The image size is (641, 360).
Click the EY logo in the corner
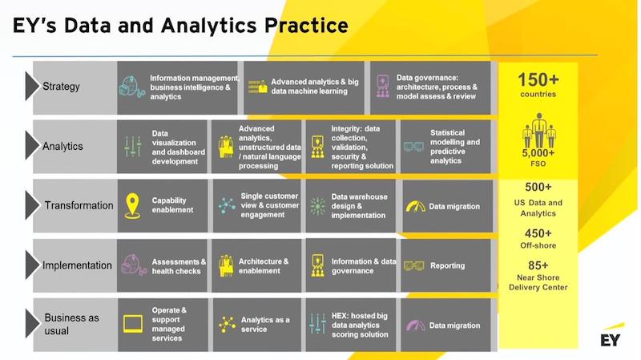tap(611, 335)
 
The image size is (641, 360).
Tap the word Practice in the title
tap(306, 25)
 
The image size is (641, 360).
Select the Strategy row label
tap(61, 87)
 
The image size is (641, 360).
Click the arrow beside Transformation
tap(32, 205)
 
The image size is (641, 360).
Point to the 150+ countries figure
tap(538, 84)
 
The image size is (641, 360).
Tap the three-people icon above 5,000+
tap(538, 130)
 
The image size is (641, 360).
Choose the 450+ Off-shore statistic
tap(538, 238)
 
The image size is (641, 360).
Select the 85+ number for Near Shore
tap(538, 265)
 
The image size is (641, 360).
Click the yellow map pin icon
tap(132, 205)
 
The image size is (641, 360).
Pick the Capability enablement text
tap(172, 205)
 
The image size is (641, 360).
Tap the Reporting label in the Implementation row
tap(447, 265)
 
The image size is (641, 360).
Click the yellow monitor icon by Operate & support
tap(133, 324)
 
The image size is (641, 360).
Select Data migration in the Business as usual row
tap(454, 326)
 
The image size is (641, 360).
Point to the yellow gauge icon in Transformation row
tap(415, 206)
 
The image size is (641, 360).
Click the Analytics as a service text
tap(265, 325)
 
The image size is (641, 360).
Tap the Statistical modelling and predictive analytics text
tap(454, 147)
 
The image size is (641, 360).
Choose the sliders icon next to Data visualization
tap(133, 146)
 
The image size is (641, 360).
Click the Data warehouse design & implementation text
tap(359, 206)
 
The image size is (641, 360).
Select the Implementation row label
tap(77, 265)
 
